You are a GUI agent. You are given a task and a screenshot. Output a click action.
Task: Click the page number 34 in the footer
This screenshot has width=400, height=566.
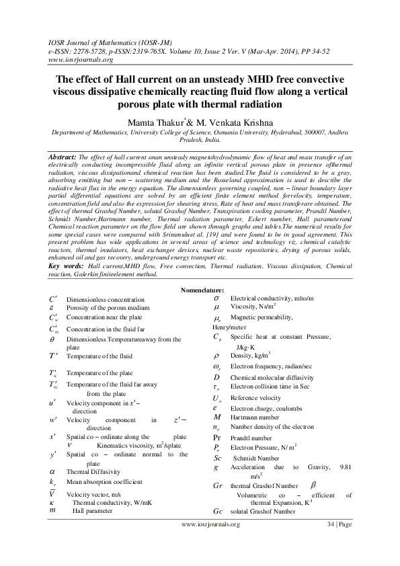point(331,542)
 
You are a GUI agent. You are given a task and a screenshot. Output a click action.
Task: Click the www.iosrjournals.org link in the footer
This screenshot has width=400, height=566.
point(210,542)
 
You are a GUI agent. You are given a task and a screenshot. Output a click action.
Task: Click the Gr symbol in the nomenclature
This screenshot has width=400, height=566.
point(217,485)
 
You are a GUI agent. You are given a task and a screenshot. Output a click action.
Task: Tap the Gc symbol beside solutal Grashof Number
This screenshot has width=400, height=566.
point(217,512)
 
